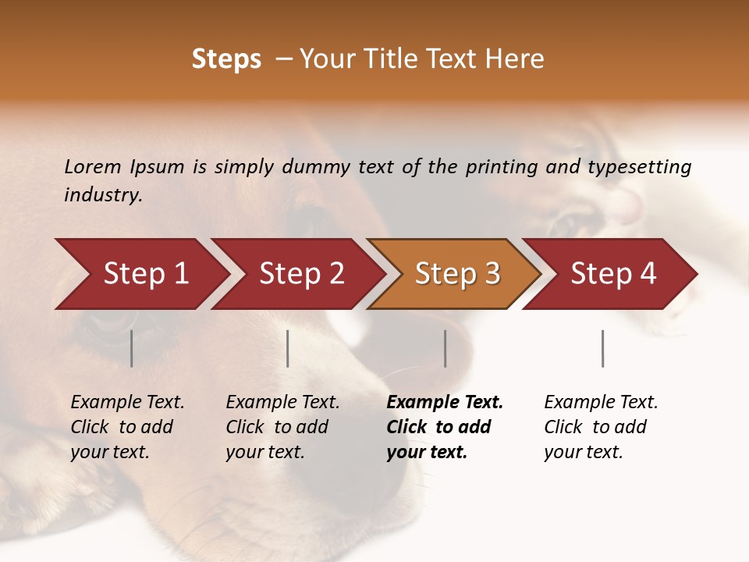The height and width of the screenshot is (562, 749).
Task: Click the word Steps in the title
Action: click(x=226, y=59)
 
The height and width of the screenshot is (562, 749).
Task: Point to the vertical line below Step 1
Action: click(x=132, y=348)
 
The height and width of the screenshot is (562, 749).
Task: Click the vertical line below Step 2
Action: click(x=288, y=348)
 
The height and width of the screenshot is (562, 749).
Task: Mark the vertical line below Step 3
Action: click(x=445, y=348)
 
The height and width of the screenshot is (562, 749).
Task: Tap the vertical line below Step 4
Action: click(x=602, y=348)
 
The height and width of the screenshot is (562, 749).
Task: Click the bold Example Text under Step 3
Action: click(x=445, y=403)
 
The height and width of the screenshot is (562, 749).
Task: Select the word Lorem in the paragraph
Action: click(x=93, y=167)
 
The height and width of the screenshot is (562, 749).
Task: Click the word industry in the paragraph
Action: click(x=102, y=195)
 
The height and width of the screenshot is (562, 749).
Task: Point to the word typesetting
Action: click(x=639, y=167)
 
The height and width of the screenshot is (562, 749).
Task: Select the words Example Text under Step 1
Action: click(x=127, y=403)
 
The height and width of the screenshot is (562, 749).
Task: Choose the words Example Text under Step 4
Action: click(x=601, y=403)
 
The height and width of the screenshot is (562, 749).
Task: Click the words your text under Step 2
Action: click(x=264, y=452)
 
